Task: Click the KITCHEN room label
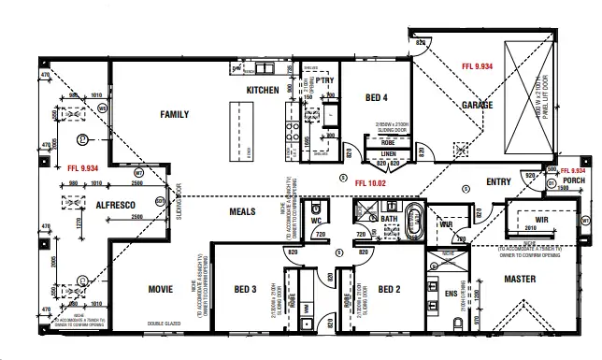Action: click(x=263, y=90)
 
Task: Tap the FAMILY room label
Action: click(x=175, y=115)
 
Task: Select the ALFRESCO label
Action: click(x=117, y=204)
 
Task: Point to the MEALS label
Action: click(x=242, y=211)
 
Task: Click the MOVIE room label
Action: click(x=160, y=290)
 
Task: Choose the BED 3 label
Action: click(x=245, y=290)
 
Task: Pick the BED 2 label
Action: click(x=390, y=290)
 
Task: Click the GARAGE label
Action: click(x=477, y=106)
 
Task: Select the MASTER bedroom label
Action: click(x=520, y=279)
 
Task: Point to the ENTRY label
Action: click(x=498, y=182)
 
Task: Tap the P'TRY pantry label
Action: click(x=324, y=80)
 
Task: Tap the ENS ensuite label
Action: click(x=451, y=294)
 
